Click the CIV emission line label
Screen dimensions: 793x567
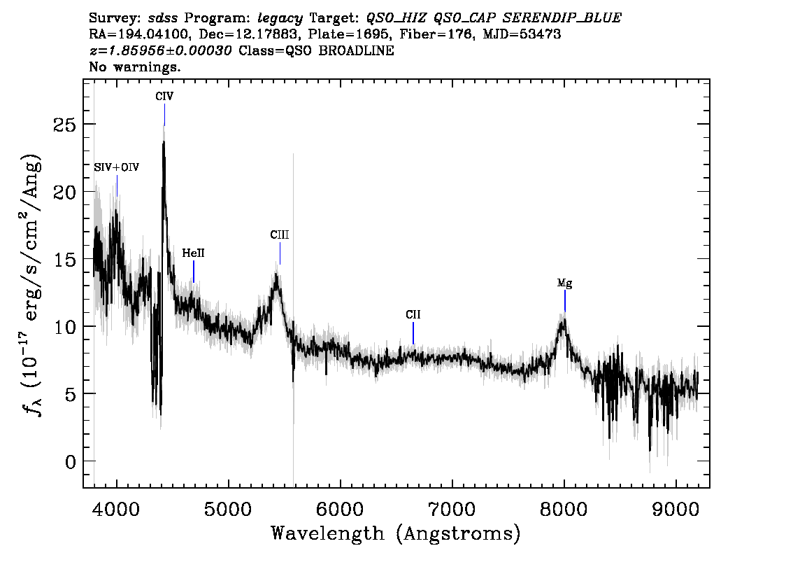point(164,96)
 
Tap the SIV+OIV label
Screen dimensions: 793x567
point(117,167)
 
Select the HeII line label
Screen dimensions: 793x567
point(193,253)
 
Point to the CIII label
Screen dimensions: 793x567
point(280,235)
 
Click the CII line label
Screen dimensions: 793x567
point(413,315)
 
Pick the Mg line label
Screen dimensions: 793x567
point(564,283)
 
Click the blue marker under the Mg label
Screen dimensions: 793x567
point(565,301)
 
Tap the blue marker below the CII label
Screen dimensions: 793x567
point(413,333)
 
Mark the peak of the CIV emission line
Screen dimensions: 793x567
point(164,127)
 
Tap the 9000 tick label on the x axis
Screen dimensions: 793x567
point(675,510)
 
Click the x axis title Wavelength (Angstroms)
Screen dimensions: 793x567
point(396,534)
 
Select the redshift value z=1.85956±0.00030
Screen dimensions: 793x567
point(160,50)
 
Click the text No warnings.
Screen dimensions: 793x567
point(134,66)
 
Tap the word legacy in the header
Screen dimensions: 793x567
point(280,19)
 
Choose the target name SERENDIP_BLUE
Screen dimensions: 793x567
point(562,19)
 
